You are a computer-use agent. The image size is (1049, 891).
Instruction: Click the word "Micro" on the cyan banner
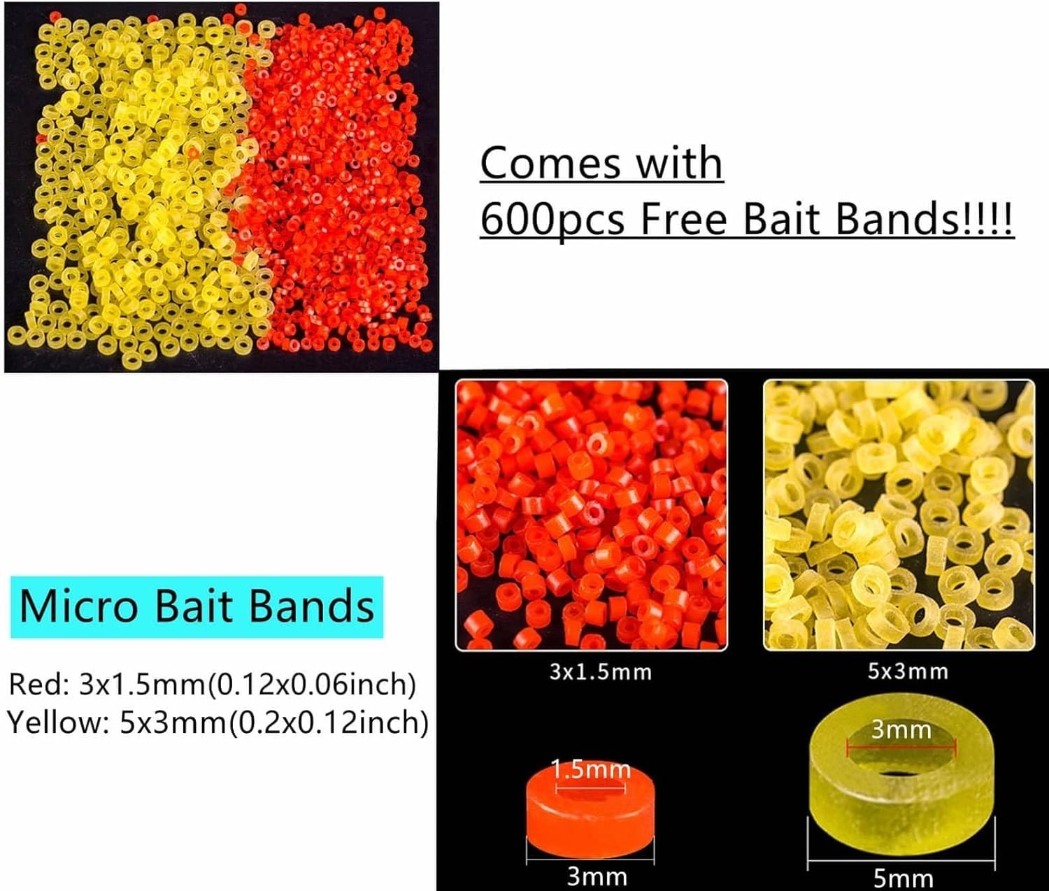tap(78, 606)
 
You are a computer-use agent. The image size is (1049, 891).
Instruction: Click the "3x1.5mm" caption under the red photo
tap(600, 672)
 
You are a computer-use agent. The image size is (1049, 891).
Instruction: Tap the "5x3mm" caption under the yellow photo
tap(908, 671)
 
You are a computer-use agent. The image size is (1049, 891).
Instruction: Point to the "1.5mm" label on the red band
tap(592, 770)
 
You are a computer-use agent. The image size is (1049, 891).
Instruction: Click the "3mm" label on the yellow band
tap(901, 731)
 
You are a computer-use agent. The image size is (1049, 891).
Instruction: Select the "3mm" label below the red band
tap(596, 876)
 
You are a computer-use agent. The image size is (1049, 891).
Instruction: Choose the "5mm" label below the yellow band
tap(903, 878)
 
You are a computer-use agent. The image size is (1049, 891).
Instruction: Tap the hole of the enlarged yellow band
tap(901, 759)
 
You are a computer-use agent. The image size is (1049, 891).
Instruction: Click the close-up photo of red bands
tap(591, 515)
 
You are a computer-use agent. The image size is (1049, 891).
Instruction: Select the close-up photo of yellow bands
tap(899, 515)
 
